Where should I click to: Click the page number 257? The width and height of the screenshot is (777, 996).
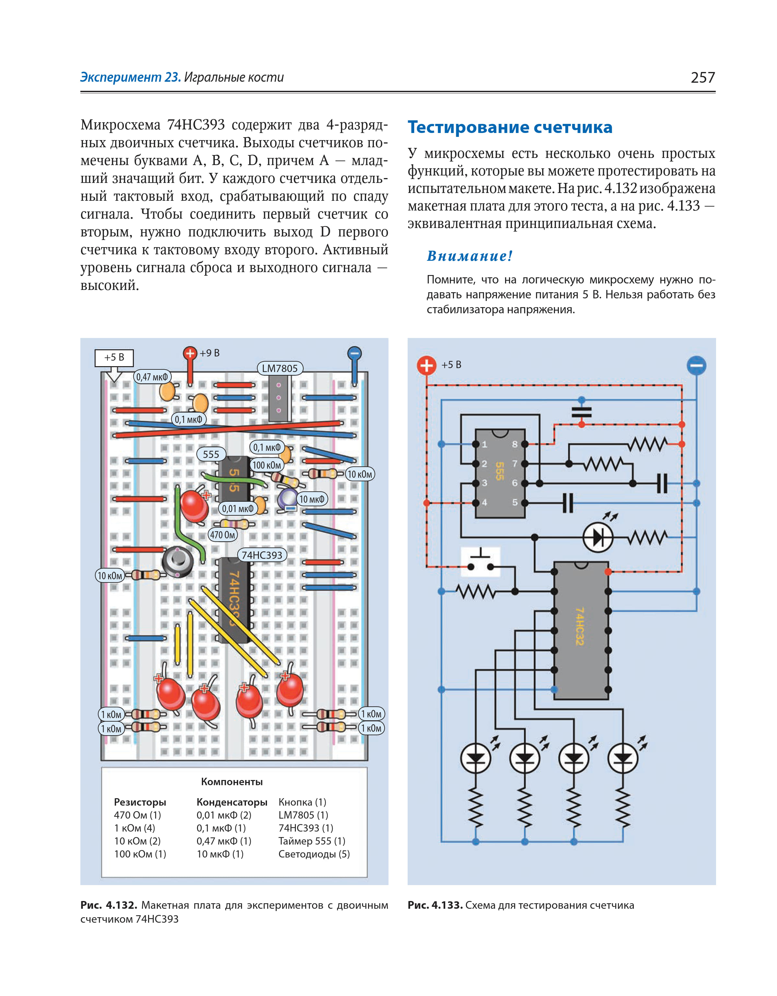click(x=702, y=78)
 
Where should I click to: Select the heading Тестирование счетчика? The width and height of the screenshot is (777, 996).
click(x=509, y=127)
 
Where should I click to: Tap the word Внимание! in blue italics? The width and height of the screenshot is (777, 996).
click(x=470, y=256)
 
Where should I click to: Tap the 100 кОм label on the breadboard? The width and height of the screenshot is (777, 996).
click(x=267, y=465)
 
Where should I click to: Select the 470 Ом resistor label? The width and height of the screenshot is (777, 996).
click(x=222, y=535)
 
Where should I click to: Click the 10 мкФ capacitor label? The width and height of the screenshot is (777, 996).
click(x=312, y=499)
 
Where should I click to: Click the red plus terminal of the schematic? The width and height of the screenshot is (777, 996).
click(x=426, y=365)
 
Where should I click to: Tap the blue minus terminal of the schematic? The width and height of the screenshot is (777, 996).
click(x=696, y=365)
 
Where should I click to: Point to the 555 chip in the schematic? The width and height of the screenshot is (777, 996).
click(x=500, y=473)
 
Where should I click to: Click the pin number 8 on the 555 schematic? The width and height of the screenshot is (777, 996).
click(x=515, y=444)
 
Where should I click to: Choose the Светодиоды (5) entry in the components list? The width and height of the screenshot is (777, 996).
click(x=314, y=854)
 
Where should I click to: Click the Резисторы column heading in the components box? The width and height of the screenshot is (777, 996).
click(x=140, y=802)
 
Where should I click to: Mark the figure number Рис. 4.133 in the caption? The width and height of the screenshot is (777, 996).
click(x=435, y=905)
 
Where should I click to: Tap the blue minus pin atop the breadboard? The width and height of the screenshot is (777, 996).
click(x=354, y=354)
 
